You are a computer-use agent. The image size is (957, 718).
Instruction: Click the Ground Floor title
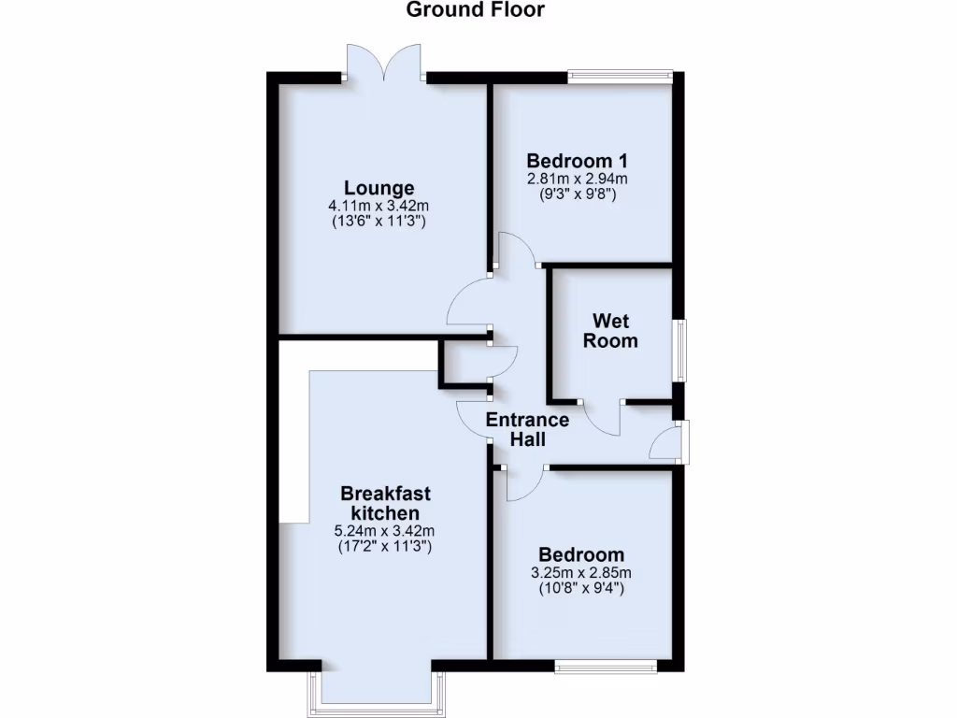point(476,10)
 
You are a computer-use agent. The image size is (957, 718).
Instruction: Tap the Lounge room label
point(379,188)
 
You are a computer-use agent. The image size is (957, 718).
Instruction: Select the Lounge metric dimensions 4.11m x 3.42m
point(379,207)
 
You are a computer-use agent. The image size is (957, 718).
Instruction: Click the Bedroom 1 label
point(577,159)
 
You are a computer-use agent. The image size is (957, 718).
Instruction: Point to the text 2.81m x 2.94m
point(577,179)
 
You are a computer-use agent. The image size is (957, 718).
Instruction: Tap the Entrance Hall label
point(527,429)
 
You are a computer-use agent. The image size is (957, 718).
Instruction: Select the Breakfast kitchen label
point(385,503)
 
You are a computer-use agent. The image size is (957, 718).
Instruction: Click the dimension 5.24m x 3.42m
point(385,532)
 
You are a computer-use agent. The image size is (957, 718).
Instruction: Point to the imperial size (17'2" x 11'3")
point(385,548)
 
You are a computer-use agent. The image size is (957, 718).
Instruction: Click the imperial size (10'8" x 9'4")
point(581,589)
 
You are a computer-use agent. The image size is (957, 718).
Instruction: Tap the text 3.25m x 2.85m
point(581,573)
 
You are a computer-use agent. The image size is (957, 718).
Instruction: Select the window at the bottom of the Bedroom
point(606,665)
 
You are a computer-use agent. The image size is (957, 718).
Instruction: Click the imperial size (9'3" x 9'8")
point(577,194)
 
